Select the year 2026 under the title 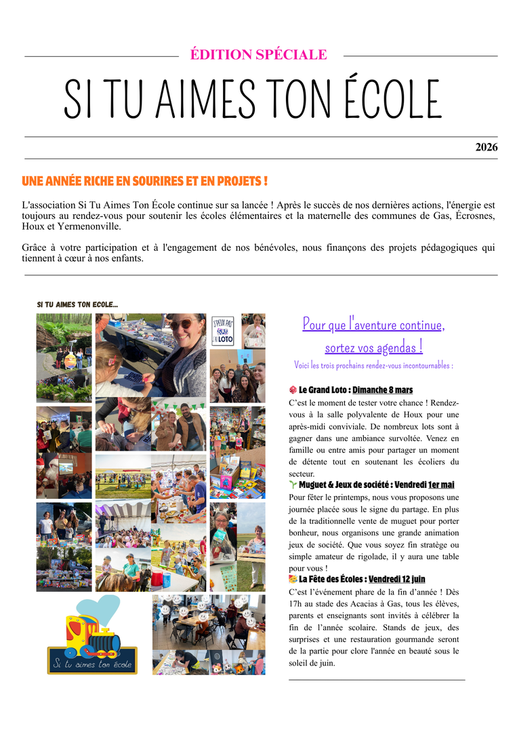[x=486, y=147]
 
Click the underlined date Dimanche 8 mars [x=382, y=390]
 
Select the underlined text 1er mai [x=441, y=485]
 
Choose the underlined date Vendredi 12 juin [x=397, y=579]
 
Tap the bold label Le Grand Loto [x=323, y=390]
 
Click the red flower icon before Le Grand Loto [x=293, y=390]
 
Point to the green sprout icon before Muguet [x=293, y=485]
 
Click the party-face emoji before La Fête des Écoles [x=293, y=579]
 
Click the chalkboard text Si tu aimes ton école [x=93, y=664]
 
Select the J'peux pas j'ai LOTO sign [x=223, y=331]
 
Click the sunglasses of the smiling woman [x=182, y=325]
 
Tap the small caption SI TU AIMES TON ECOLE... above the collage [x=77, y=305]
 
